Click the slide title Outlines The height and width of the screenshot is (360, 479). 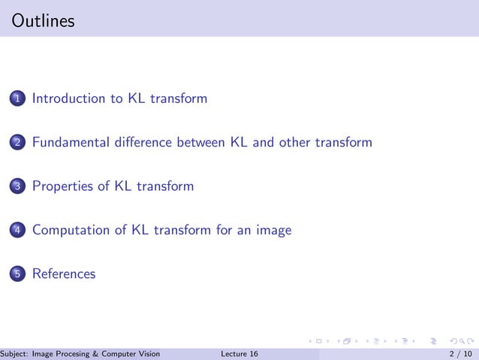(x=44, y=21)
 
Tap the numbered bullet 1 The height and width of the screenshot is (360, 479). (x=18, y=98)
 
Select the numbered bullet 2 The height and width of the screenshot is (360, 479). (x=18, y=143)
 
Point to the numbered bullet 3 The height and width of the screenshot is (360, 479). (x=18, y=186)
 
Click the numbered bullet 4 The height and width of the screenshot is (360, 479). (x=18, y=231)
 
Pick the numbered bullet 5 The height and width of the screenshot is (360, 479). (x=18, y=274)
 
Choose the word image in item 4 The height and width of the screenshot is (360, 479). (x=273, y=231)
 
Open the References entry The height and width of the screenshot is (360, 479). (x=64, y=274)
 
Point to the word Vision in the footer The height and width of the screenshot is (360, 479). (x=147, y=354)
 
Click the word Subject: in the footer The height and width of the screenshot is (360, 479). (x=14, y=354)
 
